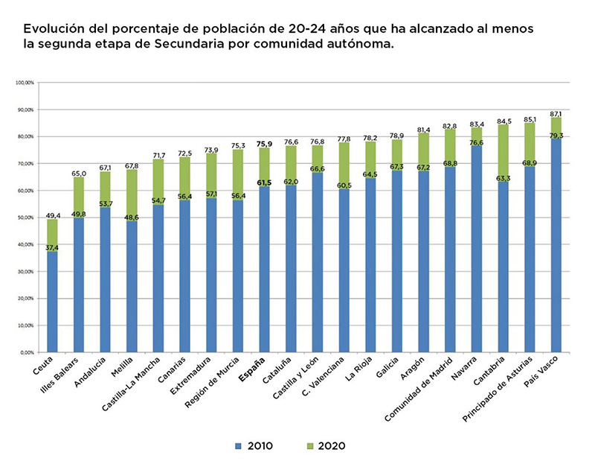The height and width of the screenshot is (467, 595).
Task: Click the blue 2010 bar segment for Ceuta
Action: [52, 302]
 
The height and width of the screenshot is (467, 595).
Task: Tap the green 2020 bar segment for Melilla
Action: [132, 195]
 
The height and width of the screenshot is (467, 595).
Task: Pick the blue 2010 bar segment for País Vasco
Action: [556, 246]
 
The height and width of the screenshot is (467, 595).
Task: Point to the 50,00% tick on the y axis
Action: [25, 217]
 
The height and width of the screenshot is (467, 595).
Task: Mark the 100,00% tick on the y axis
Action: [25, 82]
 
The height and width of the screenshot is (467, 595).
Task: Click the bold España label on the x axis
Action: [253, 370]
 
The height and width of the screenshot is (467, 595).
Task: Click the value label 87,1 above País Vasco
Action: [556, 113]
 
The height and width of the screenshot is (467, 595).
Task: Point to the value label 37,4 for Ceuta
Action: [52, 248]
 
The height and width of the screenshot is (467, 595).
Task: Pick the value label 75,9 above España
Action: [264, 144]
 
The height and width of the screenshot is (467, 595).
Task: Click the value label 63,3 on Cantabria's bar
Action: [504, 178]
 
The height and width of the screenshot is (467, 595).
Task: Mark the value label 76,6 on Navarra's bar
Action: [477, 142]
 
